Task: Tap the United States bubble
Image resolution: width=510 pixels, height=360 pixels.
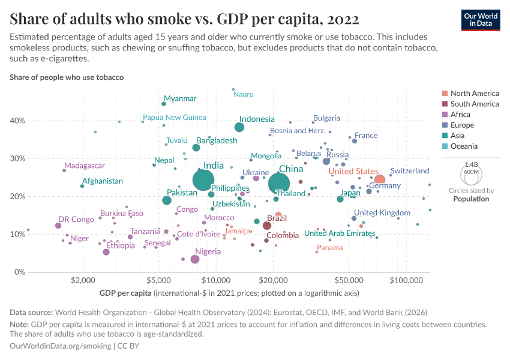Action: (379, 179)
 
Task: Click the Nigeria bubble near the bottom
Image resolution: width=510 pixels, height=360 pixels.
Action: (195, 259)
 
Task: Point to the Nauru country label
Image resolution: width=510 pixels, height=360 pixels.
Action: (244, 94)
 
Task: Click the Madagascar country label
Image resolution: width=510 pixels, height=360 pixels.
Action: (85, 166)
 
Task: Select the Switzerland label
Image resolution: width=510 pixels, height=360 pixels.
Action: (410, 171)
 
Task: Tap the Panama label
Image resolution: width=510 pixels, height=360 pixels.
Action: (330, 248)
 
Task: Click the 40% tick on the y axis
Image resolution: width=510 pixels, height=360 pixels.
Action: (17, 121)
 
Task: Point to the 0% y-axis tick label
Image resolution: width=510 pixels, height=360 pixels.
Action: (19, 272)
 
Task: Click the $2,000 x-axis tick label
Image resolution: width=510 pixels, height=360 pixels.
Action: (81, 281)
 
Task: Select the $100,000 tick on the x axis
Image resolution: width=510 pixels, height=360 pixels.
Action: (407, 281)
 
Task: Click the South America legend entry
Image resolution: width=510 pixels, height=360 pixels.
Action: (474, 104)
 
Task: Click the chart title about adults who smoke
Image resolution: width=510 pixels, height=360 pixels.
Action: (185, 19)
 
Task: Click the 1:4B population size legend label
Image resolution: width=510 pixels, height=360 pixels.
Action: (472, 164)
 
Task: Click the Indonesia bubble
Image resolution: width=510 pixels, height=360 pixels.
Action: (239, 127)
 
